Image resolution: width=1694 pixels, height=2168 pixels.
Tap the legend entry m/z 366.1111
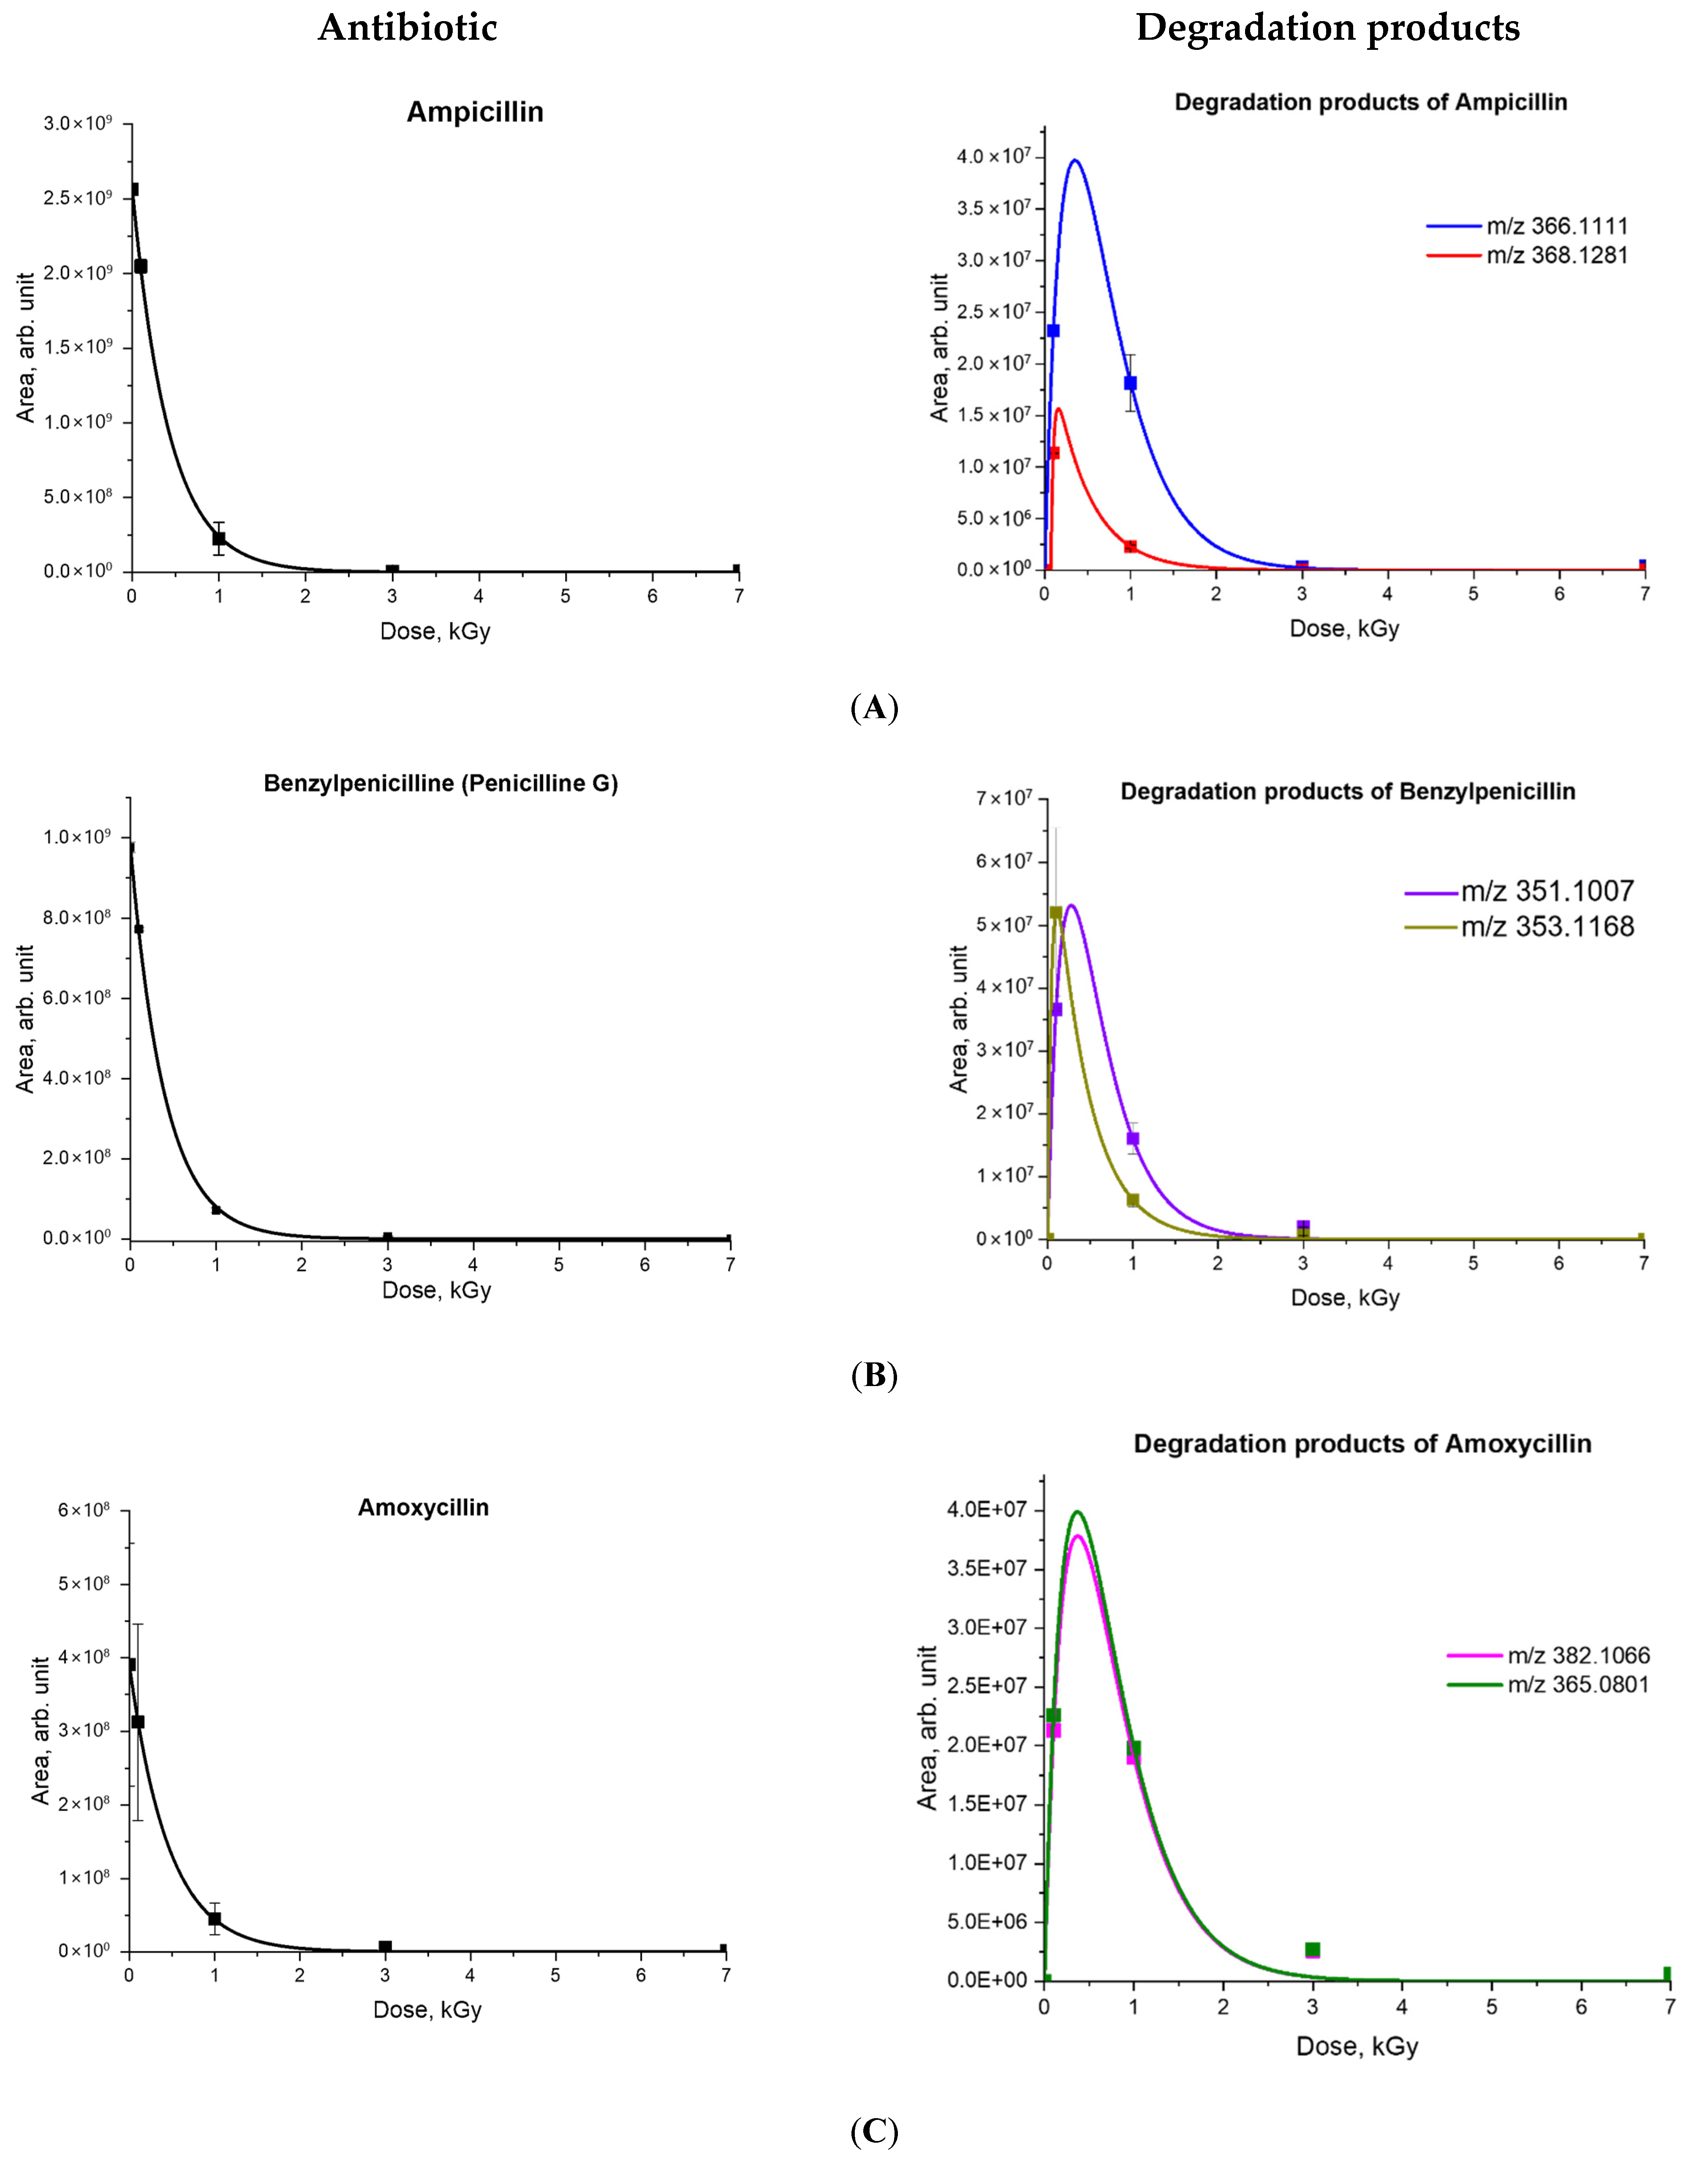1556,226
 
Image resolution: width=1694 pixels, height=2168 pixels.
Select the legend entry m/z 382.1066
1578,1656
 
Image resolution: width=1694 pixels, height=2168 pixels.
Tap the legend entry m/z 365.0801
1578,1685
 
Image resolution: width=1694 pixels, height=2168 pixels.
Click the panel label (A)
874,708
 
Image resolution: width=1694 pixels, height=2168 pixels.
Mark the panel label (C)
874,2131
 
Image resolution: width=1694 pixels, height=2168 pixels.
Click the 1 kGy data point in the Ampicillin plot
218,538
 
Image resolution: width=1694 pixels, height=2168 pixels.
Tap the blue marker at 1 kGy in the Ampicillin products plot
1129,383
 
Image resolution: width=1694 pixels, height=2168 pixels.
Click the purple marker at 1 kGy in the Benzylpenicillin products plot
1132,1138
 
